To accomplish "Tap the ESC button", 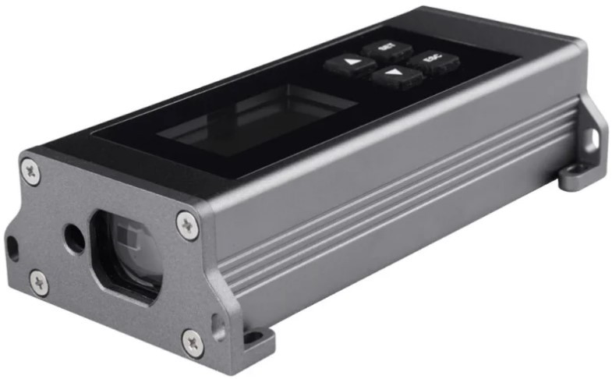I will pos(427,60).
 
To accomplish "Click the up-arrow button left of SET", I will pos(350,62).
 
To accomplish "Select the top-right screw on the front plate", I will pos(187,225).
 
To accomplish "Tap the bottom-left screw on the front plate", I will pos(38,283).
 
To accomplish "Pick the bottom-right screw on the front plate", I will pos(193,342).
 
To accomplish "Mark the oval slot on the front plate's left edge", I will pos(12,249).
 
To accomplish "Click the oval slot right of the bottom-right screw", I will pos(218,325).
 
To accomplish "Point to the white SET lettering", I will pos(385,47).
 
